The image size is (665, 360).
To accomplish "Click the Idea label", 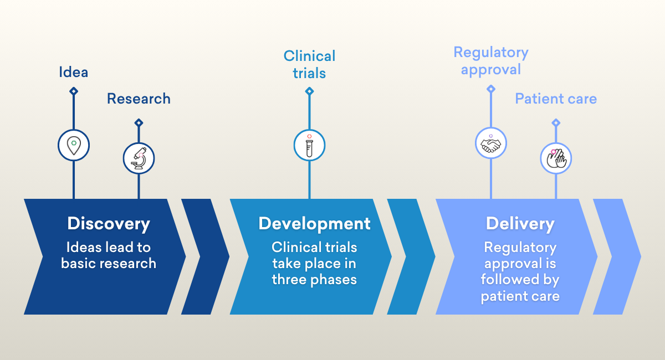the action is click(x=73, y=72).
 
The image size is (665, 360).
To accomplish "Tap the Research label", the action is click(x=139, y=99).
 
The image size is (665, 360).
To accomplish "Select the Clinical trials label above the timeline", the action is click(x=309, y=64).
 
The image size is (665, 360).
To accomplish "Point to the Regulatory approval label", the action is click(x=491, y=61).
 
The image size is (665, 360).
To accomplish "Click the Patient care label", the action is click(x=556, y=99).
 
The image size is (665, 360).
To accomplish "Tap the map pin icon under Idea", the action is click(x=74, y=145).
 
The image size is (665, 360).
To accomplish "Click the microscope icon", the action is click(x=139, y=158).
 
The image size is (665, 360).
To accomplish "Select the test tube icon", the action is click(x=309, y=145).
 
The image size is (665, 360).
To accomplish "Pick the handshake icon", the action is click(x=491, y=143).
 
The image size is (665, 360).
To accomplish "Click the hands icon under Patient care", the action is click(x=556, y=158).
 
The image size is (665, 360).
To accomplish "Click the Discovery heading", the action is click(x=109, y=224).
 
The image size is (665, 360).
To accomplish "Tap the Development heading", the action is click(x=314, y=224).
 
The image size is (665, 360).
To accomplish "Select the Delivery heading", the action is click(x=520, y=224).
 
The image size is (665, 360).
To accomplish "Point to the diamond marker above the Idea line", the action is click(x=74, y=91).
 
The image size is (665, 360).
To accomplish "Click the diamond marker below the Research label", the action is click(x=139, y=122).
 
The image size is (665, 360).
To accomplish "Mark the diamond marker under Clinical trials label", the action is click(x=309, y=91).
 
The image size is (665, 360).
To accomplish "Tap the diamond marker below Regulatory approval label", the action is click(x=491, y=89).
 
